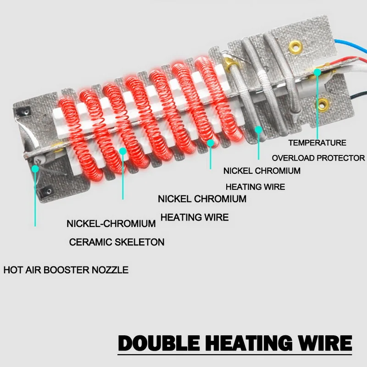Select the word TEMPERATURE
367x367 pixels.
click(317, 143)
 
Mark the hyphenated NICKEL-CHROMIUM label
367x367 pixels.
click(111, 224)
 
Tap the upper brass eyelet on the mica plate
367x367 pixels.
click(295, 46)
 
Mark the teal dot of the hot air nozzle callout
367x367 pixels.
click(35, 168)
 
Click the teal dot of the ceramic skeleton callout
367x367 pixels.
click(122, 151)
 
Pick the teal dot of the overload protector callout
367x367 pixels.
click(317, 72)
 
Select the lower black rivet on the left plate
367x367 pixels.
click(46, 190)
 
